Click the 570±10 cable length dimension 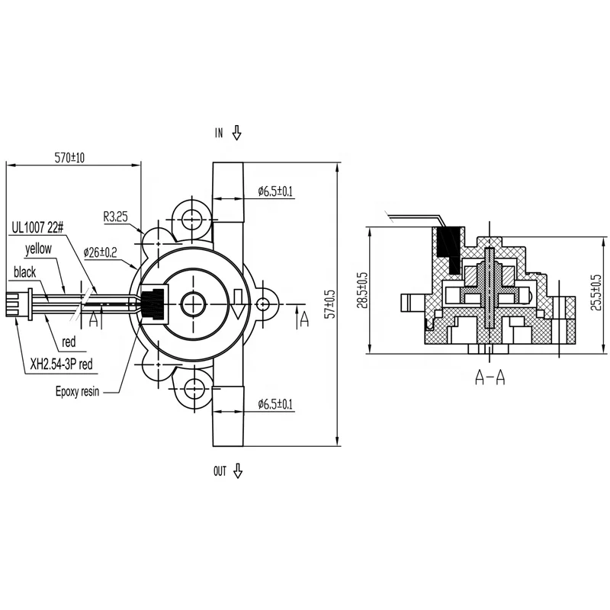pos(70,157)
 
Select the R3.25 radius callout pos(116,217)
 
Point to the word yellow pos(38,249)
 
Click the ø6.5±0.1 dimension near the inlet pos(275,190)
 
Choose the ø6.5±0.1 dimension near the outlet pos(275,403)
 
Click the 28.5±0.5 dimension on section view pos(362,291)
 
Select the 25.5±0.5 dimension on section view pos(596,291)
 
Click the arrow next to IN pos(237,133)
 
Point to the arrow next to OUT pos(238,471)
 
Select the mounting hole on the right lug pos(263,304)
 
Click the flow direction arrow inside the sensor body pos(238,303)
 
